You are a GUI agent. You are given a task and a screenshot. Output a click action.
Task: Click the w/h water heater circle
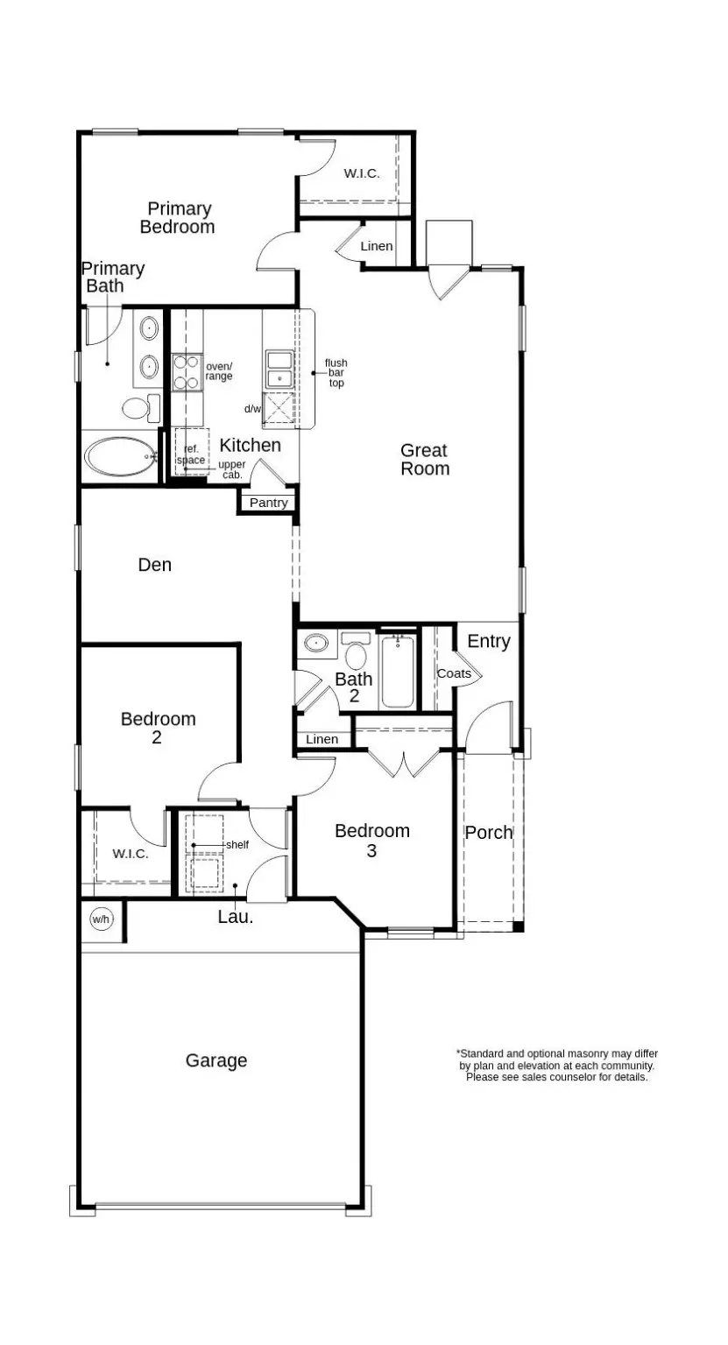tap(102, 919)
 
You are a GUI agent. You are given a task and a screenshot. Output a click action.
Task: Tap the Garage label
tap(216, 1060)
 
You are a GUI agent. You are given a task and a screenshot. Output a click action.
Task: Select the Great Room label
tap(425, 460)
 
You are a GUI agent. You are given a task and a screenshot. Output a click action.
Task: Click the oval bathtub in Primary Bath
tap(119, 455)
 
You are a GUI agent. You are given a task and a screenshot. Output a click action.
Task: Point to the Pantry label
tap(268, 503)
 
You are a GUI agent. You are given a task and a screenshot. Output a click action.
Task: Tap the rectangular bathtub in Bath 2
tap(398, 672)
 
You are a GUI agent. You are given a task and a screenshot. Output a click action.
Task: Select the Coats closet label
tap(454, 673)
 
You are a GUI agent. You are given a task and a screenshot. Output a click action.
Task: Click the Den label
tap(155, 565)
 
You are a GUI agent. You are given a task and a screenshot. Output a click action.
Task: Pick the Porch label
tap(489, 833)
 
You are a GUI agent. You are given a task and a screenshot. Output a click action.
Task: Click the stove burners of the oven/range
tap(187, 371)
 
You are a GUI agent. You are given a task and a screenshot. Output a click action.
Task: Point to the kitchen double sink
tap(279, 370)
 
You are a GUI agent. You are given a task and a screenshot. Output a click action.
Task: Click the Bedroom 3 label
tap(372, 840)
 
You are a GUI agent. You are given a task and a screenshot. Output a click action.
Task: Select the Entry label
tap(489, 642)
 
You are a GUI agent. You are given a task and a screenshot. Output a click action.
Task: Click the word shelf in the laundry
tap(237, 845)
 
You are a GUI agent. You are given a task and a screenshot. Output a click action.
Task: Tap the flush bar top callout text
tap(336, 373)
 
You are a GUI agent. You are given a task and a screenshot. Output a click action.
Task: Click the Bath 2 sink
tap(315, 644)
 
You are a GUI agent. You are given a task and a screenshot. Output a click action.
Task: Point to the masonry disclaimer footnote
tap(557, 1066)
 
